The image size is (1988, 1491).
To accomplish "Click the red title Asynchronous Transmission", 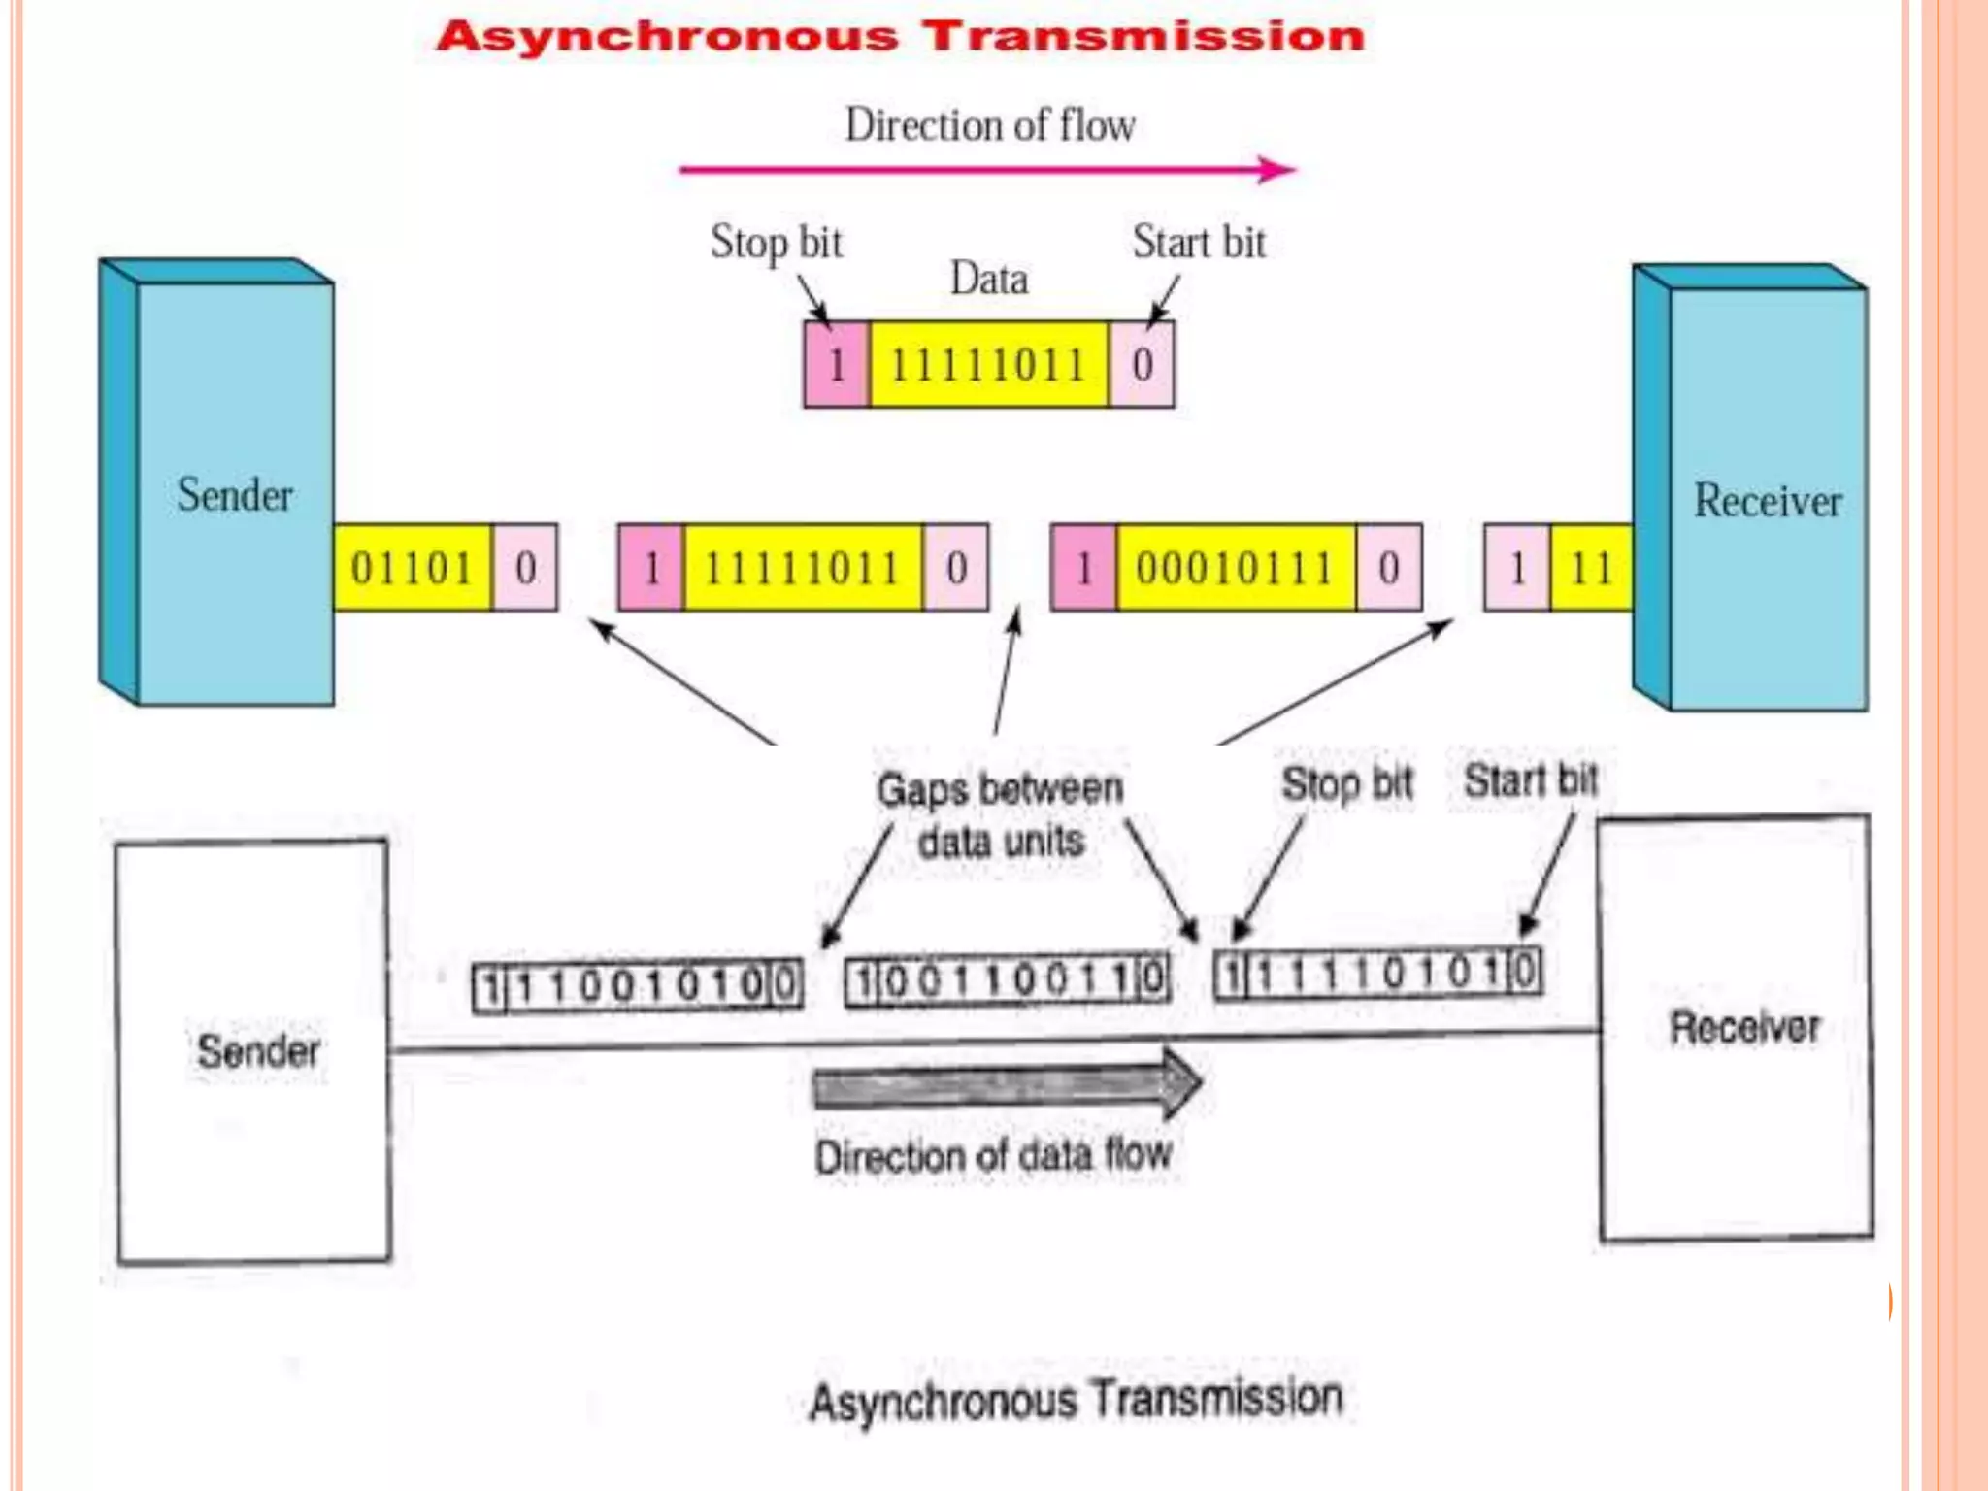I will (x=901, y=37).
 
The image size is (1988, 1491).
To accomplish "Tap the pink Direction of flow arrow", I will (x=985, y=170).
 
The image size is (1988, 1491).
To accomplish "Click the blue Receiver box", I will (x=1767, y=499).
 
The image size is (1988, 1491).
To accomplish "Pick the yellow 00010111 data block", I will (x=1235, y=568).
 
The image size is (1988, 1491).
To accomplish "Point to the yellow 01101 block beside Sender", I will (x=412, y=568).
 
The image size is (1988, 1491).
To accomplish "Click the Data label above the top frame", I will (x=989, y=280).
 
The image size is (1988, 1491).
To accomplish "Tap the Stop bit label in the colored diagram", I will (x=777, y=243).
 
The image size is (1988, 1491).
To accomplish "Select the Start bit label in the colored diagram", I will (x=1199, y=243).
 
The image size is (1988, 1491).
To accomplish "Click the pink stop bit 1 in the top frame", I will (x=837, y=365).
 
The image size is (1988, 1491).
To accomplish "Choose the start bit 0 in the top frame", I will (x=1142, y=365).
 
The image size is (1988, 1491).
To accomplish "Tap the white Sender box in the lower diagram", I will (x=254, y=1051).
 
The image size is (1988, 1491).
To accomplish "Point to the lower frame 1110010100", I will (x=638, y=986).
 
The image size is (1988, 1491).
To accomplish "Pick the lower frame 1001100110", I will (x=1008, y=980).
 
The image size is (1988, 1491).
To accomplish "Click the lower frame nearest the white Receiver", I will (x=1378, y=973).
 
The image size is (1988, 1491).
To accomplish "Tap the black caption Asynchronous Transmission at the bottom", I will (x=1076, y=1401).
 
